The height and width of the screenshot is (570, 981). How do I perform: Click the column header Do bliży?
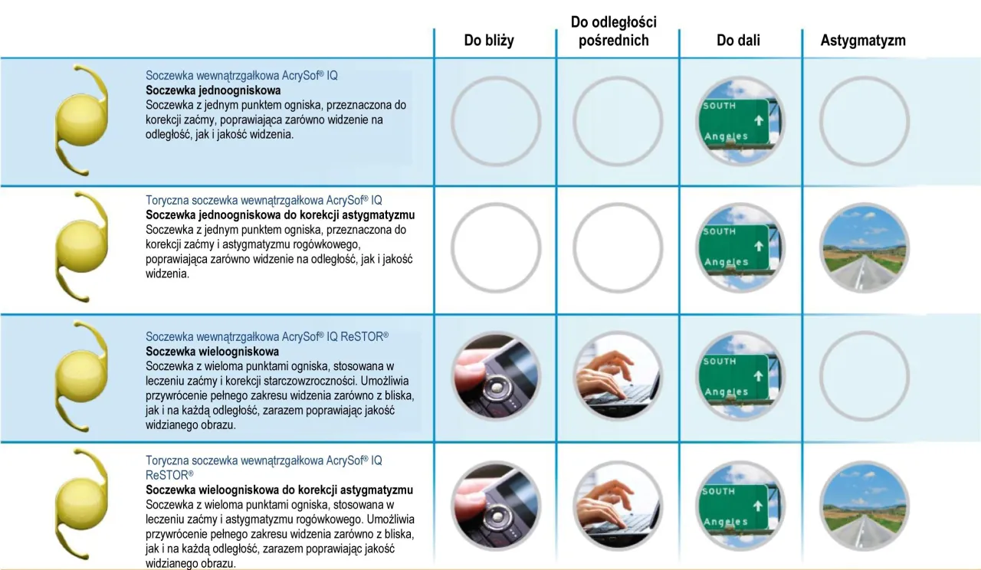point(489,41)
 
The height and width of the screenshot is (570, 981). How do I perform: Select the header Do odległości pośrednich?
point(613,31)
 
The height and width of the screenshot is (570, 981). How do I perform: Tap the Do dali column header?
point(738,41)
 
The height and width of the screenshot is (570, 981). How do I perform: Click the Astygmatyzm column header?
point(863,41)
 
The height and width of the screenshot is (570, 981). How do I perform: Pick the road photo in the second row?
point(864,247)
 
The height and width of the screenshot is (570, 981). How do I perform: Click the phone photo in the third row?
point(496,376)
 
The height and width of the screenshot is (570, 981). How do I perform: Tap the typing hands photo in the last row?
point(618,506)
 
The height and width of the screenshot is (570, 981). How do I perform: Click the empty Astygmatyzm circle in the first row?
point(864,120)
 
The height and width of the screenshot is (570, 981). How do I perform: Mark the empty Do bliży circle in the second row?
point(496,247)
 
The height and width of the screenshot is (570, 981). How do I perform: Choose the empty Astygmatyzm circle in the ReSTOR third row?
point(864,376)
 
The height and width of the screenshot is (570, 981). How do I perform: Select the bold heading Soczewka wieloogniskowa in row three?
point(202,351)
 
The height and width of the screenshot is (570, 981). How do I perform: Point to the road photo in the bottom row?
point(864,506)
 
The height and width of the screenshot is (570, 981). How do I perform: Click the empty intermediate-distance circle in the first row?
point(618,120)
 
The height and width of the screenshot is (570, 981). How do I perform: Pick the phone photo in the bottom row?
point(496,506)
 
